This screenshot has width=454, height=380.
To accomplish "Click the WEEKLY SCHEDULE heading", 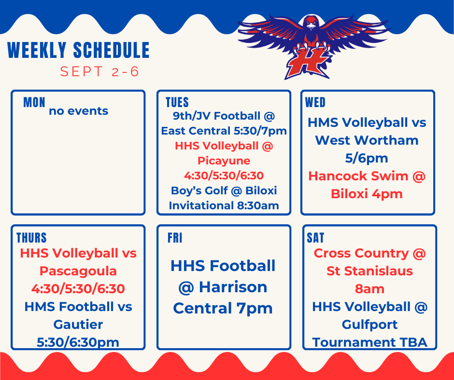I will pos(79,51).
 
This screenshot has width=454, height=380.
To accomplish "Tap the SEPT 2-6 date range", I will pos(99,72).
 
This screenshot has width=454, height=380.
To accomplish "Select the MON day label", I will pos(34,102).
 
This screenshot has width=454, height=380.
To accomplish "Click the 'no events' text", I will pos(78,111).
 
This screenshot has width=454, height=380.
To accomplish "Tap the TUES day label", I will pos(177,102).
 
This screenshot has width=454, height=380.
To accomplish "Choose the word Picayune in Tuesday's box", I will pos(224,160).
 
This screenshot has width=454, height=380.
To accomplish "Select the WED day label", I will pos(315,102).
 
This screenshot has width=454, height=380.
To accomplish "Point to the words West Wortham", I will pos(367,140).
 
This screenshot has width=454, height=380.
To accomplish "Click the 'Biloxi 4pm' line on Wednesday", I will pos(367,194).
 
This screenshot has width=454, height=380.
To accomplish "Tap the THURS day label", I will pos(32,238).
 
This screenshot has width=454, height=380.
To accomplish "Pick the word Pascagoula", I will pos(78,271).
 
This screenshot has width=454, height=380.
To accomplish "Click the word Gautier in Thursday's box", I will pos(78,324).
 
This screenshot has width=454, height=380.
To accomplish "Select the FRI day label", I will pos(175,238).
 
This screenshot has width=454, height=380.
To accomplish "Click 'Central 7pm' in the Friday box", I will pos(223,308).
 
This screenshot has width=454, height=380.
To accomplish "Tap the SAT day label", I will pos(316,238).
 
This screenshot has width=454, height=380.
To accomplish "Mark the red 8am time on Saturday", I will pos(369,288).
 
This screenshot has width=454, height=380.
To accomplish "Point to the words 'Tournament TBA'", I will pos(369,342).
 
